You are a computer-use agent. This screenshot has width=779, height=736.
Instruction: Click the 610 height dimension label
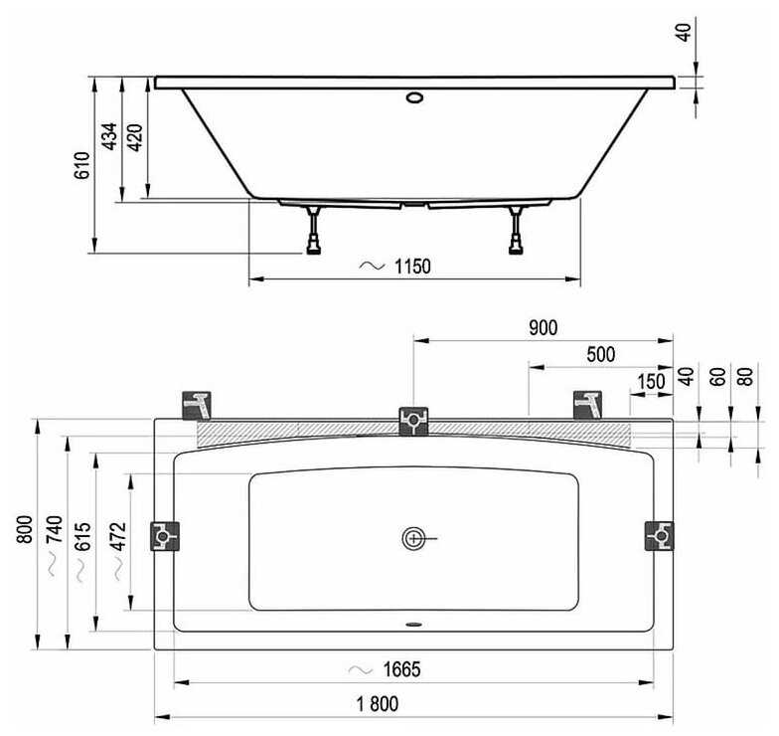click(x=82, y=165)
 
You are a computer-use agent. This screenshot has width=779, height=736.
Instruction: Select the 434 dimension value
click(x=109, y=135)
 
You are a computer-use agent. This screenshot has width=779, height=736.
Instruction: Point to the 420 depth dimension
click(x=135, y=137)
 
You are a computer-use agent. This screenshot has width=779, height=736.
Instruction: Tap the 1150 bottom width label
click(x=412, y=267)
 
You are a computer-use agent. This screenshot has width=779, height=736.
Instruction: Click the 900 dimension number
click(x=543, y=328)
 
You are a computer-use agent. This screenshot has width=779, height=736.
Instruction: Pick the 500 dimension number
click(x=600, y=354)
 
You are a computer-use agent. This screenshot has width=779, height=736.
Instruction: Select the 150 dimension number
click(x=651, y=382)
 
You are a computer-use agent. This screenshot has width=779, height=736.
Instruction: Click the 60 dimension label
click(x=717, y=376)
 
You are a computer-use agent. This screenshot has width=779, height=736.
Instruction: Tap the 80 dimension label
click(x=745, y=376)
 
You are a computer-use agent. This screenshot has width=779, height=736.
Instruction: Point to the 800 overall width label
click(x=25, y=529)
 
